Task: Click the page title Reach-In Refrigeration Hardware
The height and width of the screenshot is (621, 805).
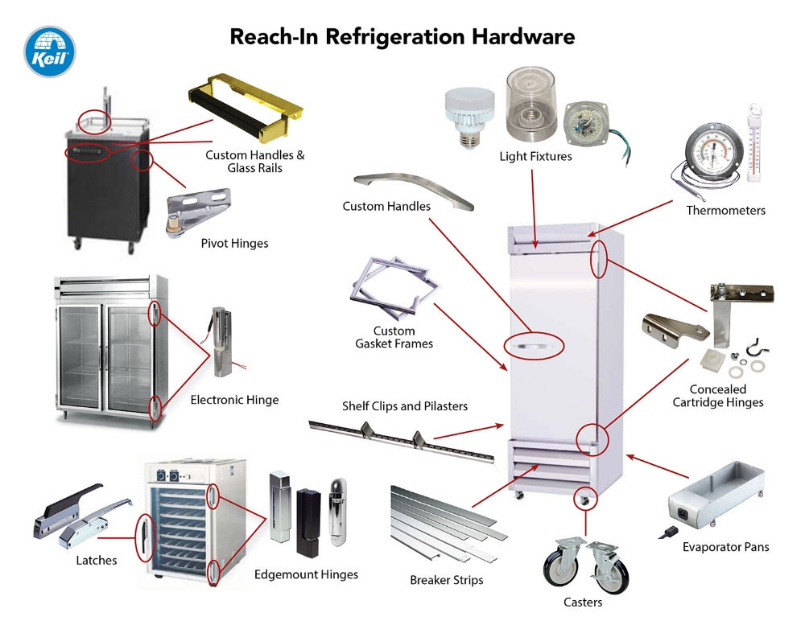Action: [x=402, y=36]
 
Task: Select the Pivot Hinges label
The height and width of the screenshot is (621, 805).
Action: [x=234, y=243]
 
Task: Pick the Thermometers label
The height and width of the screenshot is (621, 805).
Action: [x=725, y=211]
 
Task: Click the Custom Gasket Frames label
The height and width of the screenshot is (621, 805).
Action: [x=394, y=337]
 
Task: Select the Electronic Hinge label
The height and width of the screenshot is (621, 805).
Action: [x=234, y=400]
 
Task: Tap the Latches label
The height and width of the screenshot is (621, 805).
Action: [x=96, y=560]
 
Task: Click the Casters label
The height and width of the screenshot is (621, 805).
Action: [x=583, y=602]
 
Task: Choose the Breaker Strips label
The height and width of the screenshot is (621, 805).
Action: [x=446, y=579]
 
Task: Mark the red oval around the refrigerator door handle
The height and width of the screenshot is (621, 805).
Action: [x=535, y=347]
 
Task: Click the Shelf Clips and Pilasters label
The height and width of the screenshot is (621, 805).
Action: [x=404, y=406]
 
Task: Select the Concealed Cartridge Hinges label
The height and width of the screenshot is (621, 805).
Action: [x=718, y=396]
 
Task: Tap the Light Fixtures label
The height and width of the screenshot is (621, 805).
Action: [x=535, y=156]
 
